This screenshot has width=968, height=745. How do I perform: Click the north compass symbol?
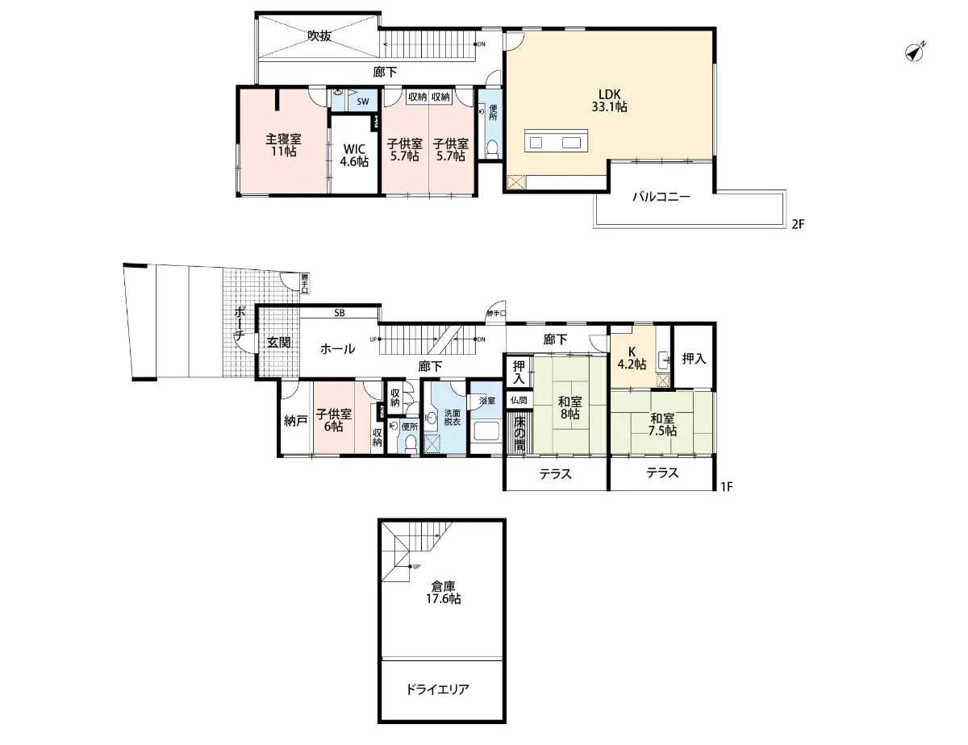click(914, 52)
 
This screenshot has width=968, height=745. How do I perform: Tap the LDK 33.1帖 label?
click(609, 99)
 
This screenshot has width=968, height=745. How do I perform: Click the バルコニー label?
click(660, 196)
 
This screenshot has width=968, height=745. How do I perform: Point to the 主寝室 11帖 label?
click(283, 144)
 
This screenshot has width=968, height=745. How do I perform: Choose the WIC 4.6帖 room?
click(354, 154)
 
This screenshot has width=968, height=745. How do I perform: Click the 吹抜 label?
click(319, 35)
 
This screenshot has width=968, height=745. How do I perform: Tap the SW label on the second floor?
click(363, 101)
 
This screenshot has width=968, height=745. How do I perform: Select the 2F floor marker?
click(797, 225)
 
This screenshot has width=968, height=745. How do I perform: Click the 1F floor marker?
click(726, 487)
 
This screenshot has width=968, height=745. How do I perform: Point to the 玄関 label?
click(279, 342)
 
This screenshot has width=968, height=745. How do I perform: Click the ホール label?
click(337, 348)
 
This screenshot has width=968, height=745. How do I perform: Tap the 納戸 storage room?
click(294, 420)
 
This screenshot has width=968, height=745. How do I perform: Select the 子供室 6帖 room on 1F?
click(333, 419)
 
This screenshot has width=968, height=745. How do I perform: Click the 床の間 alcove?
click(521, 434)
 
